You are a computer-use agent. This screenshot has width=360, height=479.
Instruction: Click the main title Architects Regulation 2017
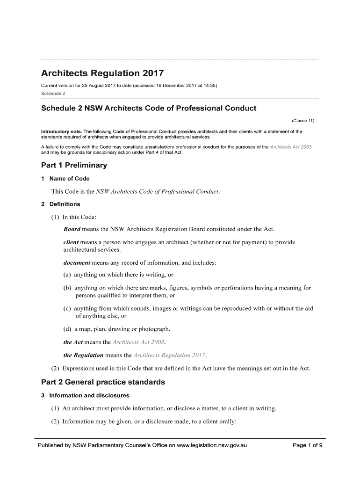(x=102, y=74)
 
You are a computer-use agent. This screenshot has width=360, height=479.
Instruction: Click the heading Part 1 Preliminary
(x=74, y=165)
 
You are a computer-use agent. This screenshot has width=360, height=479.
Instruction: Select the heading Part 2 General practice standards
(x=103, y=382)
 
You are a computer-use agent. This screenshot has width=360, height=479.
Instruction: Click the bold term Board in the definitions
(x=72, y=229)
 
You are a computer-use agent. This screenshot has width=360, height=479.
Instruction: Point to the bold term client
(x=71, y=242)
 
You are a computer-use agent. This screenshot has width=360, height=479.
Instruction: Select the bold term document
(x=77, y=263)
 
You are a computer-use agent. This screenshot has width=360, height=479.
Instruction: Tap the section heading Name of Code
(x=69, y=179)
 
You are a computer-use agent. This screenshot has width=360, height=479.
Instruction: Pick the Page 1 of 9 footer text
(x=307, y=445)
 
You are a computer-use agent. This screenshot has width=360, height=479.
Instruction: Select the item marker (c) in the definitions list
(x=68, y=309)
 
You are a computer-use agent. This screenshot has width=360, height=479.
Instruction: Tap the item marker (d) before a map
(x=68, y=329)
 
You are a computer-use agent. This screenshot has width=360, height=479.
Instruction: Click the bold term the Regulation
(x=84, y=355)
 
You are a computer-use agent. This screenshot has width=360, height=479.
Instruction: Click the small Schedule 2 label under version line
(x=53, y=94)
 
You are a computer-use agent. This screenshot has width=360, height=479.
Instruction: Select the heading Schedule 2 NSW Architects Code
(x=149, y=109)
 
